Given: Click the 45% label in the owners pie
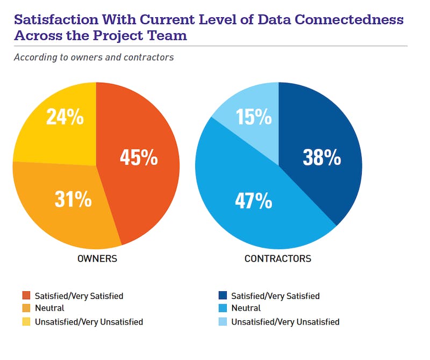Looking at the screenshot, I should click(139, 157).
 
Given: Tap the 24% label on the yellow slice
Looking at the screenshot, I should click(64, 117).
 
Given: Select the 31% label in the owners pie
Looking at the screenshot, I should click(73, 199).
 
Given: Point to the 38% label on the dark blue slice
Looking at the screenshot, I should click(321, 157).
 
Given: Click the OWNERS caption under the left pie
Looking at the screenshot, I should click(97, 258).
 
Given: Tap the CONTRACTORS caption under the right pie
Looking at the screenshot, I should click(277, 258).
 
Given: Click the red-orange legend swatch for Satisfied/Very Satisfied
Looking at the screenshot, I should click(26, 296).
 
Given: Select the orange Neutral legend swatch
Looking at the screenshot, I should click(26, 308).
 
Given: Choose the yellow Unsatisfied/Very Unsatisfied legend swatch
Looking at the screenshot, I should click(26, 322).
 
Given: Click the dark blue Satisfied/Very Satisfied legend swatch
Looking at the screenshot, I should click(222, 296).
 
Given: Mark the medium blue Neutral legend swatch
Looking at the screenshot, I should click(222, 308).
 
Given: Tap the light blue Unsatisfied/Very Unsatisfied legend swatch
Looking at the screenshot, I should click(222, 322).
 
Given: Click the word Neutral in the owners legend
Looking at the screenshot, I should click(49, 308).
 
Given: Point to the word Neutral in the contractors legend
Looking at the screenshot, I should click(246, 308).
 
